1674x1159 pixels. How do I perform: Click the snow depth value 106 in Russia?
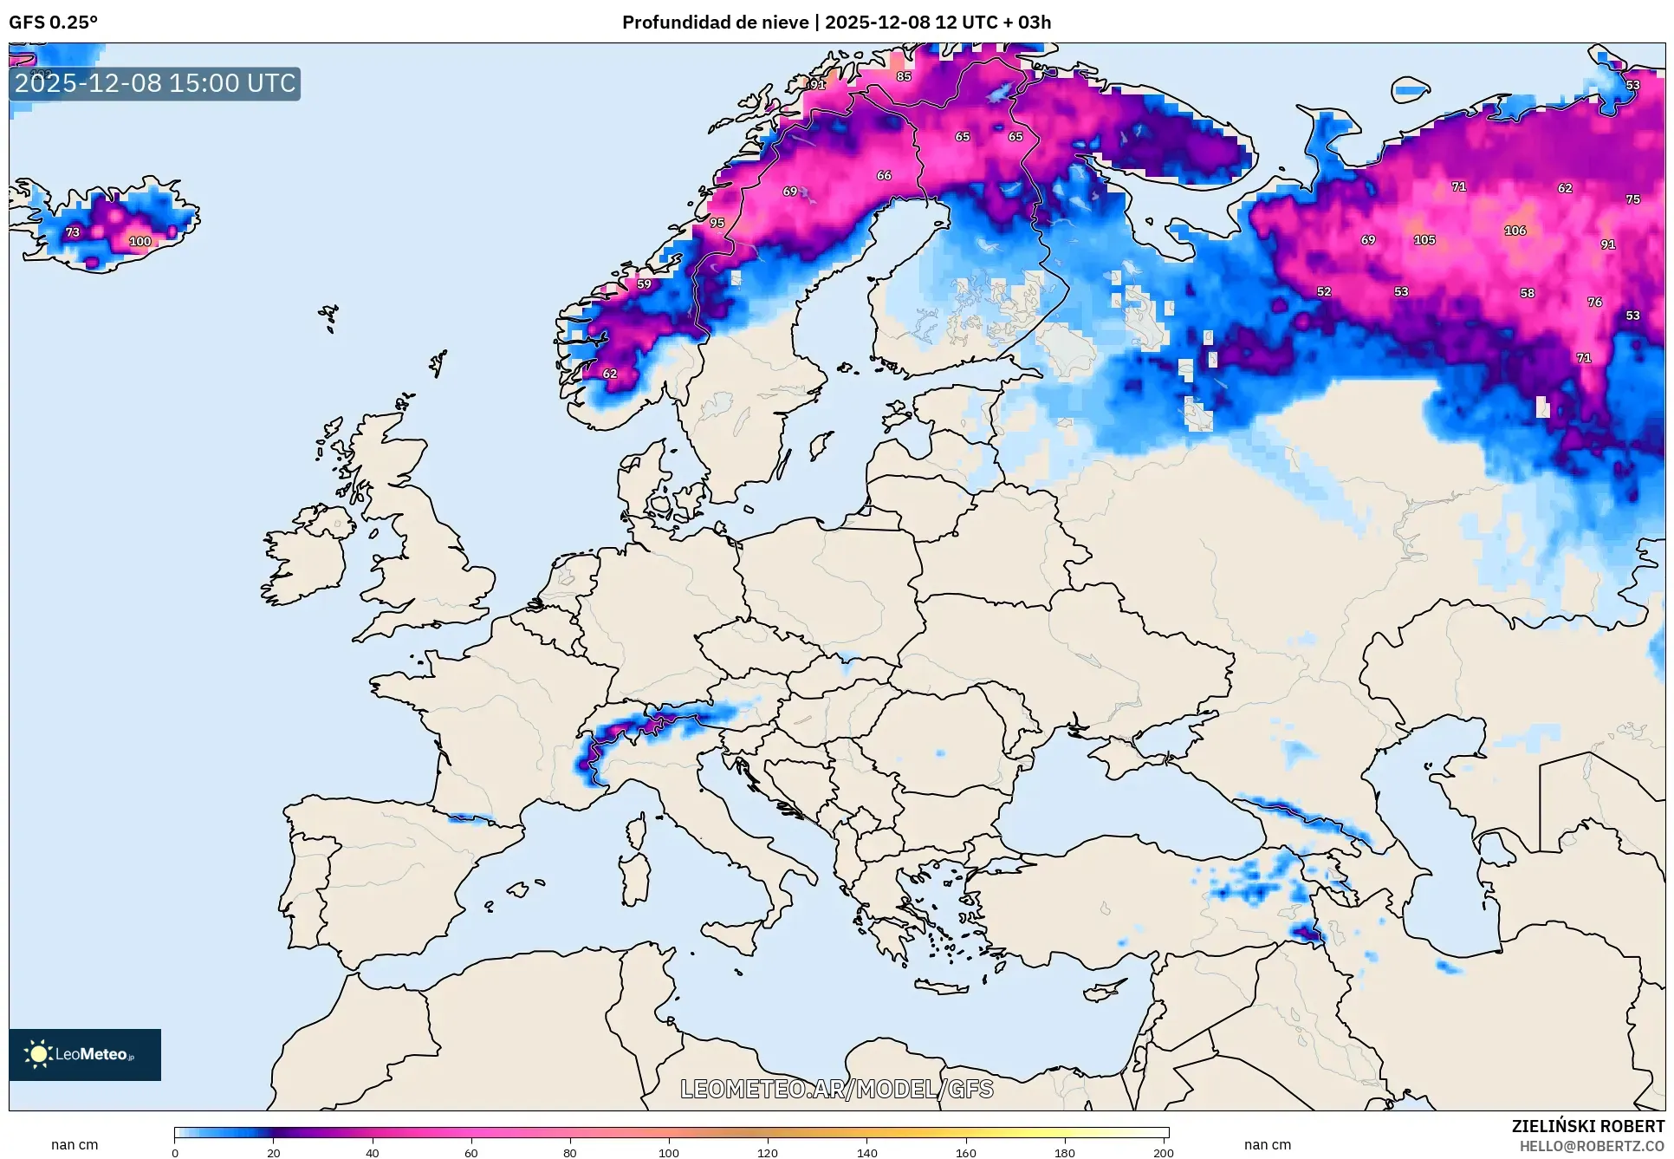(x=1515, y=231)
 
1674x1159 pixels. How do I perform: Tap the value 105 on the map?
(x=1424, y=240)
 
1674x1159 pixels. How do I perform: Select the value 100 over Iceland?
(x=140, y=242)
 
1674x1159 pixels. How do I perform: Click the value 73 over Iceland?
(x=73, y=232)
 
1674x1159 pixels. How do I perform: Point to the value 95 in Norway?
(x=717, y=223)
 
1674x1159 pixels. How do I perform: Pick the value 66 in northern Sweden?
(x=884, y=175)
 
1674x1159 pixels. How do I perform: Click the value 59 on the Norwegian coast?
(x=644, y=284)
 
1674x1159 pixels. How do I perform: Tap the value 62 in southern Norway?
(x=610, y=374)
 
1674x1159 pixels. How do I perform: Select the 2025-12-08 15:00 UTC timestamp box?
(x=155, y=84)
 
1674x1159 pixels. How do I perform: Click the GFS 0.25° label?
(x=54, y=23)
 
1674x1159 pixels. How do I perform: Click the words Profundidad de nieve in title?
(x=715, y=23)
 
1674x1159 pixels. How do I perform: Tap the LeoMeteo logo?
(x=85, y=1054)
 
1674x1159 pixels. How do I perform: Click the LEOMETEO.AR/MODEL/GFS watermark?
(x=836, y=1089)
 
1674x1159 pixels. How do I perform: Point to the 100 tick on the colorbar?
(x=668, y=1153)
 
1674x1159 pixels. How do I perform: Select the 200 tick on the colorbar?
(x=1163, y=1153)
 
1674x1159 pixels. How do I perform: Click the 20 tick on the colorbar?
(x=274, y=1153)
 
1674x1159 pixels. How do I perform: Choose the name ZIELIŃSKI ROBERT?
(x=1587, y=1126)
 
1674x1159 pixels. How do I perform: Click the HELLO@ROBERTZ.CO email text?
(x=1592, y=1146)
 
